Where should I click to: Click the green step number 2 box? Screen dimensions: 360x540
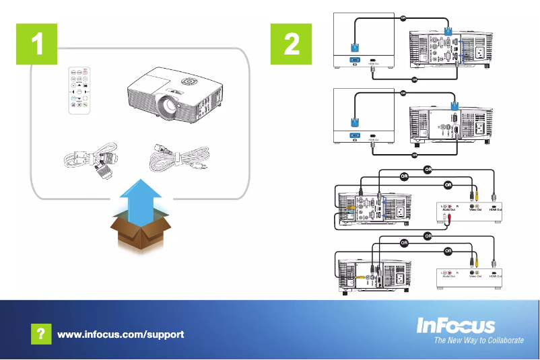click(292, 44)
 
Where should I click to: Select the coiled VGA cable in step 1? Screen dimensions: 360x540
click(89, 161)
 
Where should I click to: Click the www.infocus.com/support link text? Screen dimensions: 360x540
click(121, 334)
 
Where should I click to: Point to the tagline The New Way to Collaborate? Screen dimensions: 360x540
click(478, 341)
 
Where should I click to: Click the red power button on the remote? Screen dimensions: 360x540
click(88, 71)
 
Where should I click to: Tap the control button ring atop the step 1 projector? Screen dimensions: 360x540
click(191, 80)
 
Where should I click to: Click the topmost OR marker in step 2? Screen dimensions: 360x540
click(403, 18)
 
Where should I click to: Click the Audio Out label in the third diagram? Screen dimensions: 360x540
click(448, 211)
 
